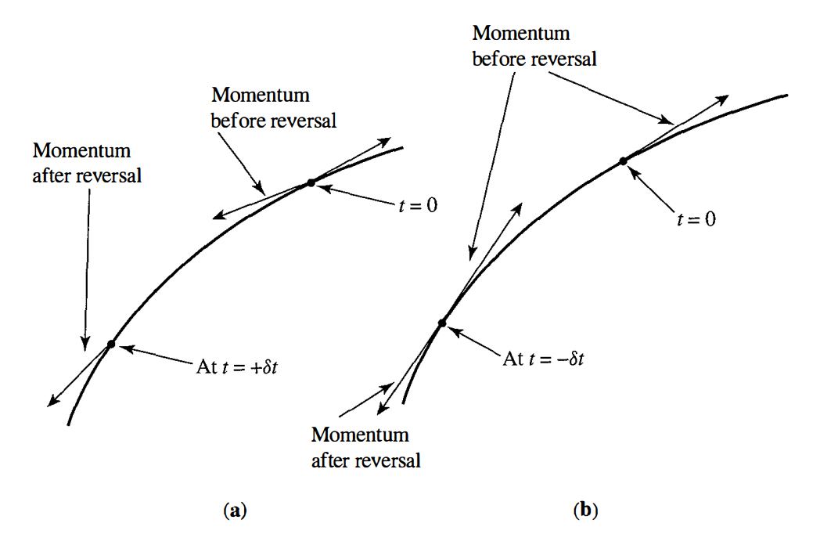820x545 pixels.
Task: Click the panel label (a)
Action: (x=235, y=510)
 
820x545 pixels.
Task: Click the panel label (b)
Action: (x=586, y=510)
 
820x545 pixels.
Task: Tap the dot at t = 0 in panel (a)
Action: (x=311, y=182)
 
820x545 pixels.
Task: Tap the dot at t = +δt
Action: (x=111, y=344)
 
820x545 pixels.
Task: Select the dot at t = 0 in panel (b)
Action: (x=624, y=161)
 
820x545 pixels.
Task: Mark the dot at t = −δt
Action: (x=442, y=323)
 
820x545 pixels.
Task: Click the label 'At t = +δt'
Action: (x=237, y=367)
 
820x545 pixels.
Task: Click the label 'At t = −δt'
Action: (x=543, y=359)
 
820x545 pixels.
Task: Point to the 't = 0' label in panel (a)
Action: (x=418, y=205)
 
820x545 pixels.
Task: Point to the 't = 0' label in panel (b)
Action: (x=696, y=218)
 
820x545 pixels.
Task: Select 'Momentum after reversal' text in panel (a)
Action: (x=87, y=163)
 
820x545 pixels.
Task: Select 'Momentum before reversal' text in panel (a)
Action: (x=274, y=108)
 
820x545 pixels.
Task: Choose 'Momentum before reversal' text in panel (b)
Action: (x=534, y=46)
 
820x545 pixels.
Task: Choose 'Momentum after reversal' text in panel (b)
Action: (x=365, y=448)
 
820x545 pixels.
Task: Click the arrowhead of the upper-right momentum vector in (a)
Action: (x=384, y=142)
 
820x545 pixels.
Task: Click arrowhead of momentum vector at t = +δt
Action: (x=53, y=400)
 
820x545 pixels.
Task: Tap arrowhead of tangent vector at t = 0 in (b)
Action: (x=722, y=99)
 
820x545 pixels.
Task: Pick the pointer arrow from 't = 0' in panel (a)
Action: (x=356, y=193)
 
